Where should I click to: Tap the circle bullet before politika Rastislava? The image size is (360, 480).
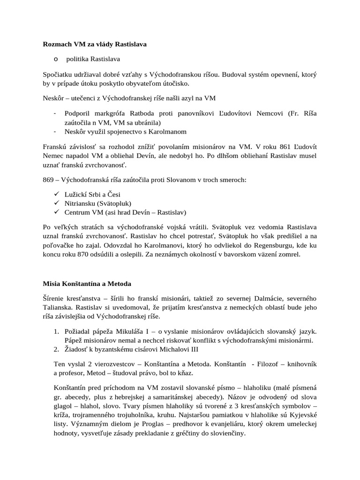click(56, 59)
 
